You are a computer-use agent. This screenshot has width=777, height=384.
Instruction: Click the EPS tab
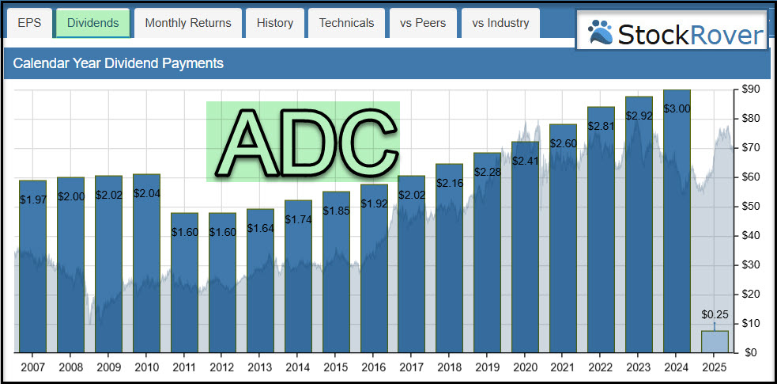[28, 23]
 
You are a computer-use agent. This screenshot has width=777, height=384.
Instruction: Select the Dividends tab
[92, 23]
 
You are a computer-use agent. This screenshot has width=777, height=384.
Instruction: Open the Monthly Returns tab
[188, 23]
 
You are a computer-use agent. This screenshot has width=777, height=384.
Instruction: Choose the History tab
[275, 23]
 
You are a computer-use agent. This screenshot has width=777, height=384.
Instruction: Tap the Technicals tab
[346, 23]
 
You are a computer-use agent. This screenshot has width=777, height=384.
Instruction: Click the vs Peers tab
[423, 23]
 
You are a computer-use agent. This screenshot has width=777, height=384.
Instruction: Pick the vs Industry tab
[500, 23]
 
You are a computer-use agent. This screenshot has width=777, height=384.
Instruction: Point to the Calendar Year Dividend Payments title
[119, 63]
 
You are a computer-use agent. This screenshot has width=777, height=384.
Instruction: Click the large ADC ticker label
[303, 142]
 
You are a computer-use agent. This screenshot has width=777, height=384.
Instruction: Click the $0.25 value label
[714, 314]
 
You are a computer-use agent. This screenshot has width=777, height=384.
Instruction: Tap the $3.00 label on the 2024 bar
[676, 108]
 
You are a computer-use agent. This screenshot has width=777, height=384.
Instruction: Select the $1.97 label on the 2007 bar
[33, 200]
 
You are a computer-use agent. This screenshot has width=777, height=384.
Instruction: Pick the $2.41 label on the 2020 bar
[525, 161]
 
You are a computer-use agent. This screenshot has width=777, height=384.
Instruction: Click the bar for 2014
[298, 277]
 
